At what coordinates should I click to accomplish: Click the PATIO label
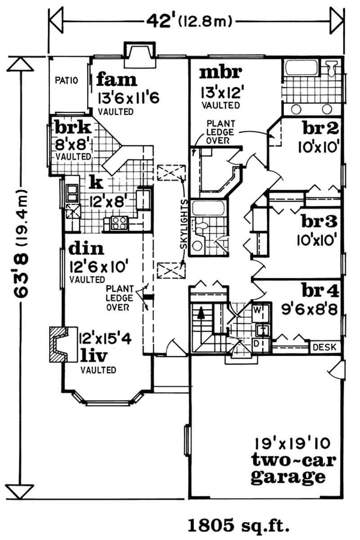67,81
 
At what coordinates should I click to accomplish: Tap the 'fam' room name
116,80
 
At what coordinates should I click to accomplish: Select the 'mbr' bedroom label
221,71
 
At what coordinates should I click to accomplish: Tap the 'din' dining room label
87,248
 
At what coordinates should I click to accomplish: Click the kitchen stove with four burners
118,222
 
